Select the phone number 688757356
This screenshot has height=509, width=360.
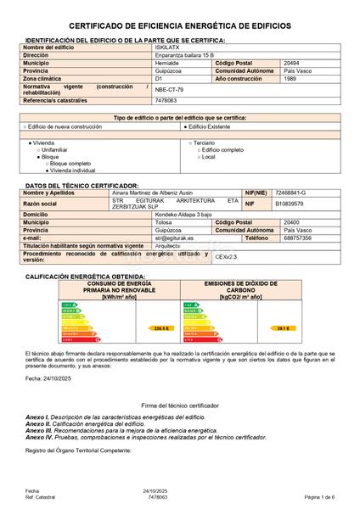point(294,238)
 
